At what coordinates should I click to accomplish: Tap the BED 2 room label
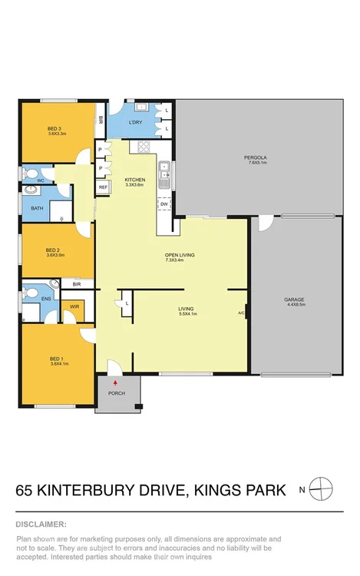click(x=53, y=250)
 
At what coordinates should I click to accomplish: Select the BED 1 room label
click(x=53, y=359)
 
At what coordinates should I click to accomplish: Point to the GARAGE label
click(x=294, y=300)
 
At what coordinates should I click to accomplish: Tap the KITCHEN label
click(x=135, y=180)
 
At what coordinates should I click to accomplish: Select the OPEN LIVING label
click(x=177, y=255)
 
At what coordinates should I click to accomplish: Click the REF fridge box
click(x=103, y=187)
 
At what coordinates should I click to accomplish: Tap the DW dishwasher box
click(x=164, y=204)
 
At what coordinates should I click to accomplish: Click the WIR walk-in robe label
click(x=74, y=306)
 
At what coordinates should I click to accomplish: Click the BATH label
click(x=36, y=207)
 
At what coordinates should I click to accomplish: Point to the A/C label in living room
click(x=241, y=313)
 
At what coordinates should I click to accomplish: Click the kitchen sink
click(x=164, y=176)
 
